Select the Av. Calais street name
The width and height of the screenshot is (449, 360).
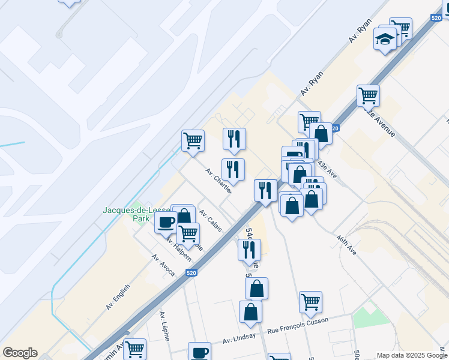211,220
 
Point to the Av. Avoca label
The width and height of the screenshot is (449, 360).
163,265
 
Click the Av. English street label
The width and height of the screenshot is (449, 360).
118,297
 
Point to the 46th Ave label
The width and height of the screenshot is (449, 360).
346,245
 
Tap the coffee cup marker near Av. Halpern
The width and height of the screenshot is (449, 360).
166,222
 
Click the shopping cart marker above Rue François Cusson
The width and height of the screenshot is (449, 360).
310,302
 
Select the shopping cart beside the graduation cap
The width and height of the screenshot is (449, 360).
400,28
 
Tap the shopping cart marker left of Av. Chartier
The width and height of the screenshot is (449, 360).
193,141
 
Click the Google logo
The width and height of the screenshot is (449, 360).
20,352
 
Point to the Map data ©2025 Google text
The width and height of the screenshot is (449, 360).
411,355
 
